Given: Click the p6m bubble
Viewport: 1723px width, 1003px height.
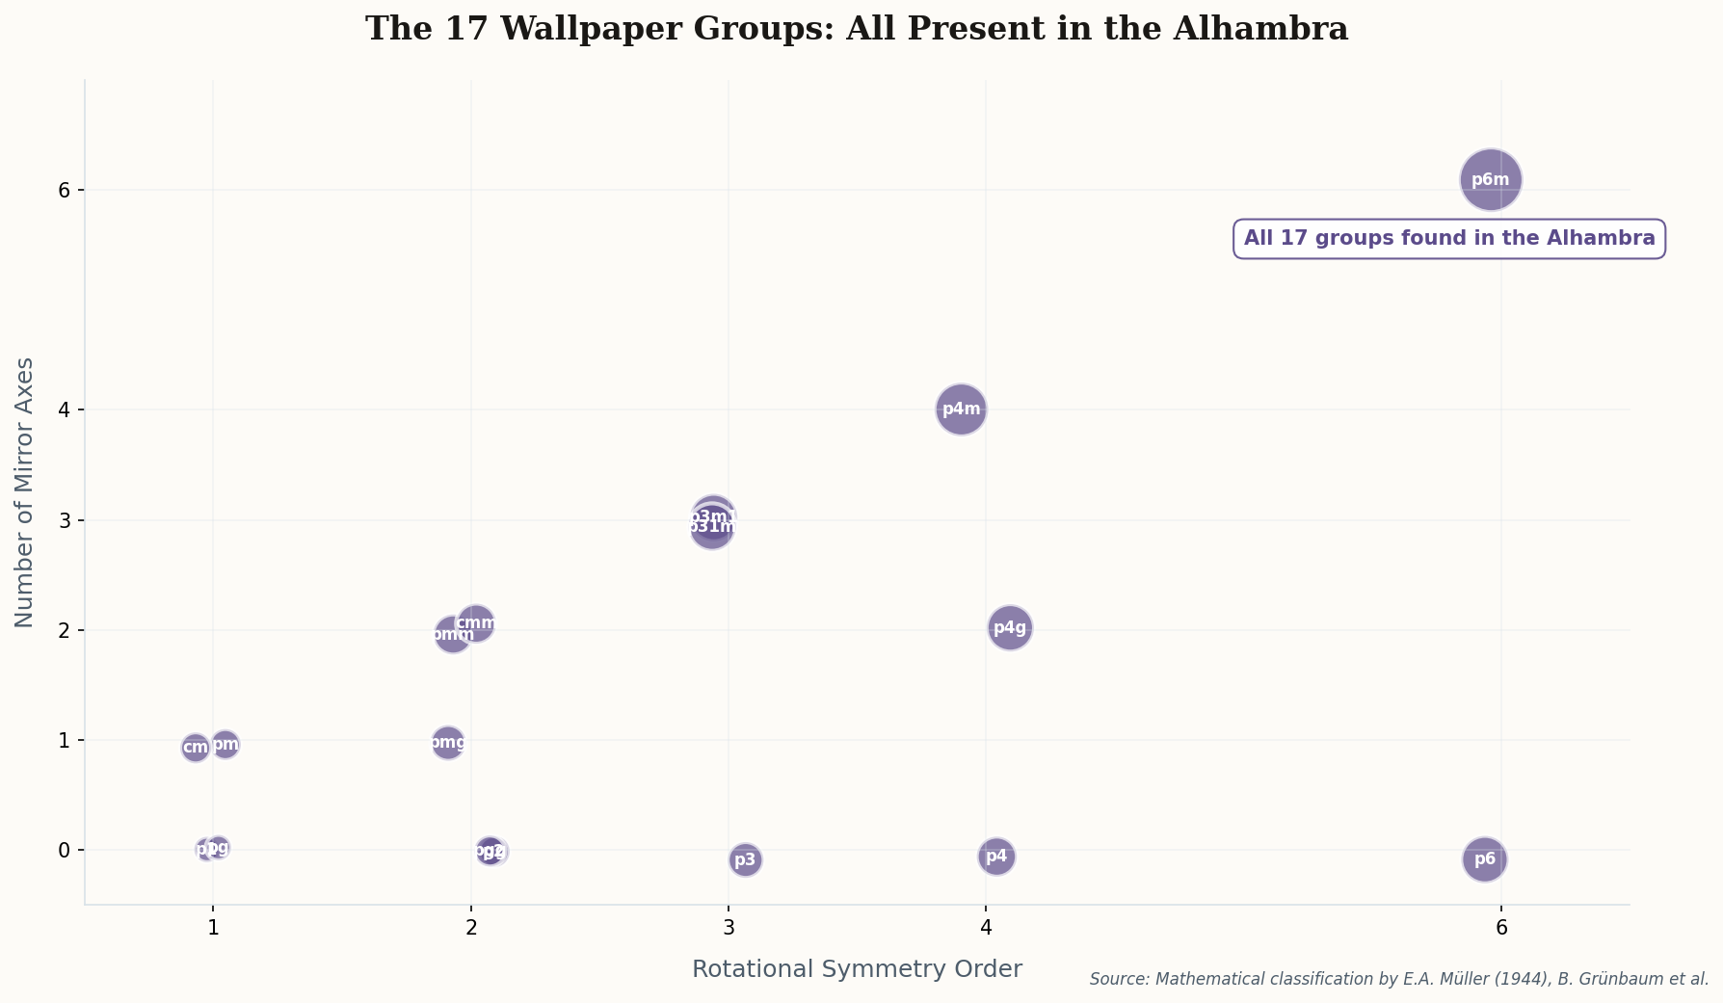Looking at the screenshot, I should [1490, 179].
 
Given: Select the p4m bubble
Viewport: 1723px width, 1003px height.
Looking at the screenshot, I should [961, 409].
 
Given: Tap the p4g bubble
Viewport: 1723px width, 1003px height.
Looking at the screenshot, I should [1010, 628].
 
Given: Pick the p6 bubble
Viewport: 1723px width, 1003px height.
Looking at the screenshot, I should [1484, 859].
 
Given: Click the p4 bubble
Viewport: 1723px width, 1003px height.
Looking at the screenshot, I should [996, 857].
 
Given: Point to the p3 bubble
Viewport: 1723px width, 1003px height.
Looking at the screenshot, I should [745, 860].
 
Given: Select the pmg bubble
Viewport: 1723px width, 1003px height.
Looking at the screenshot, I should [447, 743].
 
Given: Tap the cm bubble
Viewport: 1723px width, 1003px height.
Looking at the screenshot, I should [195, 748].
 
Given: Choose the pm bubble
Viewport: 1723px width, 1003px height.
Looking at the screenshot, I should [225, 744].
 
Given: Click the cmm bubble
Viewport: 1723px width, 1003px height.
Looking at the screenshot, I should [476, 621].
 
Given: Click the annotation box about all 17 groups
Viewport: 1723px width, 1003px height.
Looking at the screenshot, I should [1448, 239].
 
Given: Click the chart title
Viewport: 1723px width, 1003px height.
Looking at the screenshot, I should [857, 29].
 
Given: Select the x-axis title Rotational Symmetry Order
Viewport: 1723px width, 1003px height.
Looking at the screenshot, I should [857, 969].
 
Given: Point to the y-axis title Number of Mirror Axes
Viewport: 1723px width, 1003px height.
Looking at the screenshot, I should [25, 492].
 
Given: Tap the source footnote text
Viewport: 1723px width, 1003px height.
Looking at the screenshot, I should [1398, 980].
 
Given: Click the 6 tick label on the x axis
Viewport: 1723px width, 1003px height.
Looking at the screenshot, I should [1500, 928].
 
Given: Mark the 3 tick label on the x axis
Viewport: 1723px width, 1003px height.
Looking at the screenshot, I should [728, 928].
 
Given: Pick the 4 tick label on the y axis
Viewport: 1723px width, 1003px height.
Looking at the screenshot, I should [65, 409].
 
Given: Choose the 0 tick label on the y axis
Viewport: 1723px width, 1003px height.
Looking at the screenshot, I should [65, 850].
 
